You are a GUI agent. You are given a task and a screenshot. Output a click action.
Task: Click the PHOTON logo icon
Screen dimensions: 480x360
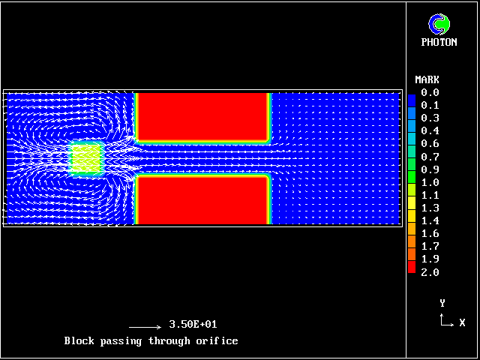(x=439, y=24)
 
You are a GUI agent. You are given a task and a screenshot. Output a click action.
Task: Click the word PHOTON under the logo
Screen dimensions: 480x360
(x=439, y=42)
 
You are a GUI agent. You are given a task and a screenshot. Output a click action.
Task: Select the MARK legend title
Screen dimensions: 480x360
(x=427, y=80)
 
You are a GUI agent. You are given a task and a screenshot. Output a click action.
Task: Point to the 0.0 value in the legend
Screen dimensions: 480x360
(x=430, y=92)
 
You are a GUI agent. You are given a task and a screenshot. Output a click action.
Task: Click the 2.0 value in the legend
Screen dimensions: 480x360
(x=430, y=272)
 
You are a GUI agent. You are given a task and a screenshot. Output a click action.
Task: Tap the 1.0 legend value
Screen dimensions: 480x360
(x=430, y=182)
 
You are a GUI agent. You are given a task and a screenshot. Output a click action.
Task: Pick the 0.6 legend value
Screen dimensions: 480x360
(x=430, y=143)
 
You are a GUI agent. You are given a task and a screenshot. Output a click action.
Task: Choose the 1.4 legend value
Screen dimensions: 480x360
(x=430, y=220)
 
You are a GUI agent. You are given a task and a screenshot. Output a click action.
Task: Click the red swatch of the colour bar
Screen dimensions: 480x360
(x=412, y=267)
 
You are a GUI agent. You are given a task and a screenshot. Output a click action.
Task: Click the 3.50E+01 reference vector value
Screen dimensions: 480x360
(x=193, y=325)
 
